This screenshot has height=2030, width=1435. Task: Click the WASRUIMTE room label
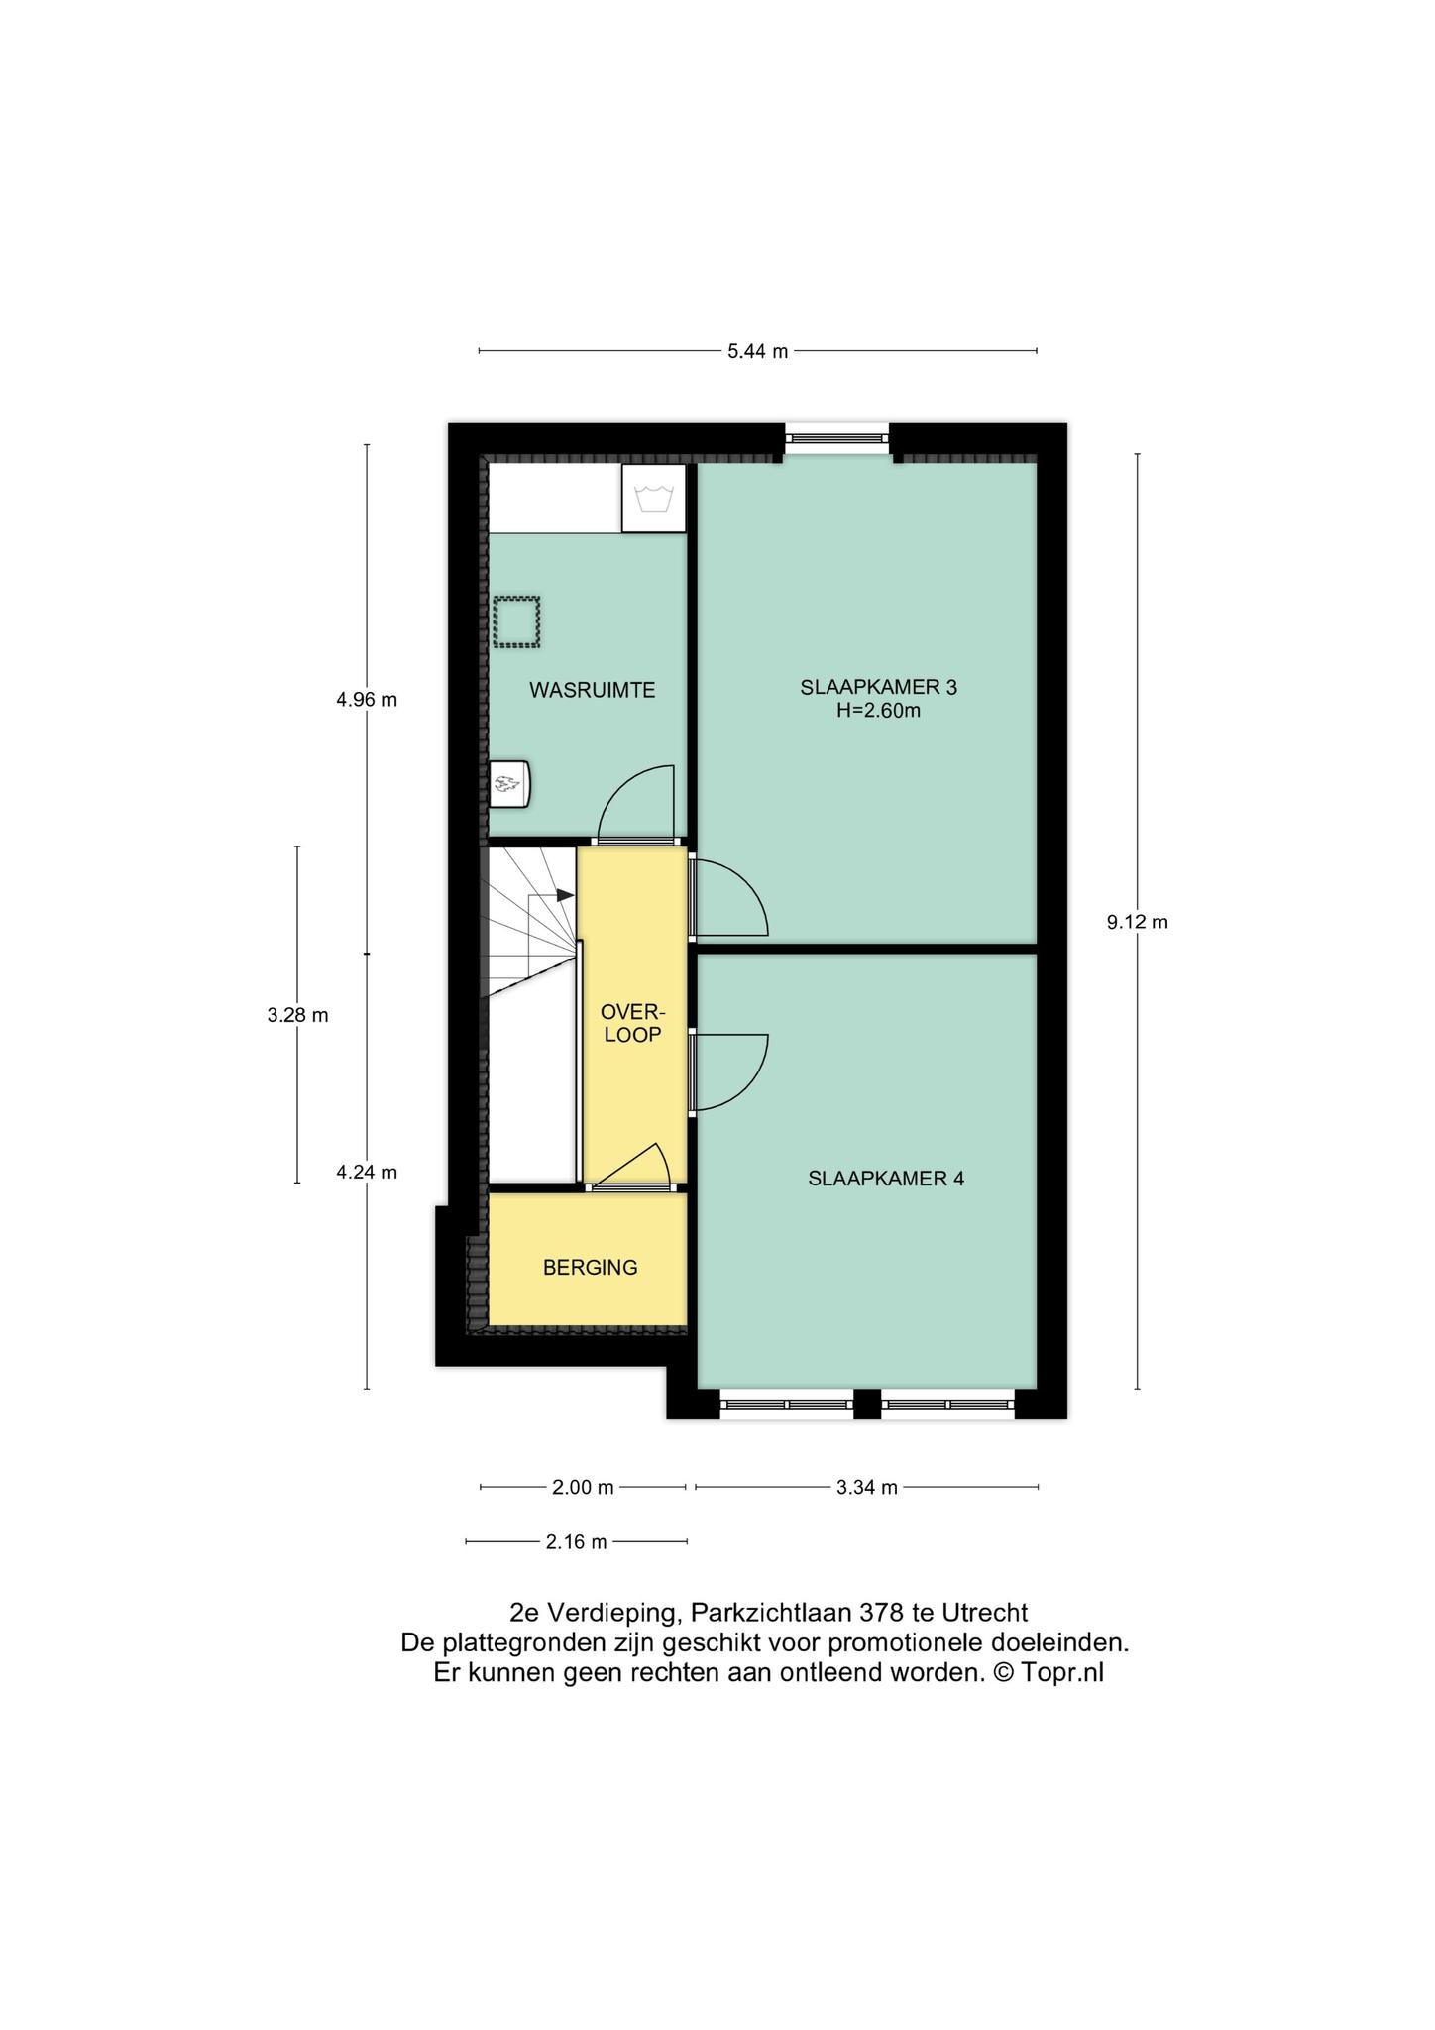tap(592, 690)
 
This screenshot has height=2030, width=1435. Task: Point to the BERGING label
tap(590, 1267)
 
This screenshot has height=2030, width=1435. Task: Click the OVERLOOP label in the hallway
tap(632, 1023)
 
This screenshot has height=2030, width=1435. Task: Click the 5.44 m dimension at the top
tap(758, 351)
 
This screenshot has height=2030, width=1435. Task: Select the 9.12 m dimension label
tap(1138, 922)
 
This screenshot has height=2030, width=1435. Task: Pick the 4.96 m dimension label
tap(367, 700)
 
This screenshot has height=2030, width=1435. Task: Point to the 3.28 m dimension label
tap(297, 1015)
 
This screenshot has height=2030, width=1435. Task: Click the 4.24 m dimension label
tap(367, 1173)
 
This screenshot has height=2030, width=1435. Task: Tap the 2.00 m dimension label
tap(583, 1487)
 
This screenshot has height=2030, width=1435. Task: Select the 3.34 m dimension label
tap(867, 1487)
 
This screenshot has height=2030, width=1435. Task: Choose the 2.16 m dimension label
tap(576, 1542)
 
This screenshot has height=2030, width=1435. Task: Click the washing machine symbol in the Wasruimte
tap(653, 498)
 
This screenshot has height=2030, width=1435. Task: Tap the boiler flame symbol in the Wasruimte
tap(509, 784)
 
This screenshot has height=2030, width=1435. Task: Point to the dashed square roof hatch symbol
tap(517, 621)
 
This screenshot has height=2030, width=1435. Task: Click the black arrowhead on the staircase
tap(566, 895)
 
